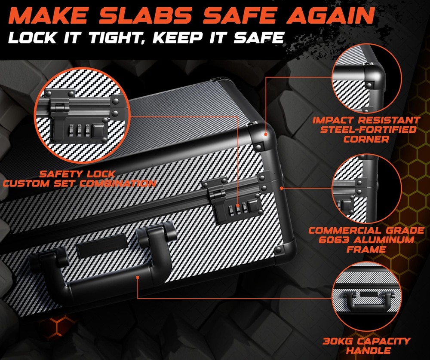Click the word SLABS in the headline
[145, 15]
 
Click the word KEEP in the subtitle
[178, 37]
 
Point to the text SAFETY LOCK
[77, 174]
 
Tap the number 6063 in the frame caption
[334, 240]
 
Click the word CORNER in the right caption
[366, 139]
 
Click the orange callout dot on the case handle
[138, 278]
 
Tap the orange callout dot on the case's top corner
[265, 134]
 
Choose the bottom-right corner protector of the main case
[285, 248]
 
